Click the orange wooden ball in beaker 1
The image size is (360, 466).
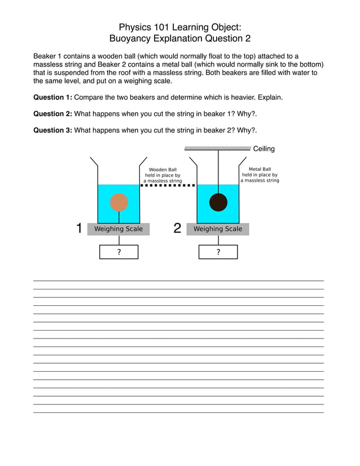(119, 202)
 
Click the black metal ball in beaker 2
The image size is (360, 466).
(218, 202)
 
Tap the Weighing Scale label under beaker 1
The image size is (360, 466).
(118, 229)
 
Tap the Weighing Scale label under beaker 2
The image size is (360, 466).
(218, 229)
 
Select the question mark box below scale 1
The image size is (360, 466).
(119, 252)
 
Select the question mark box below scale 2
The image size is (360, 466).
(218, 252)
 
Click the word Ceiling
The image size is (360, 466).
(264, 149)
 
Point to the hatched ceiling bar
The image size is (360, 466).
(217, 148)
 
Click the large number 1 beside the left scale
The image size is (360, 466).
(79, 228)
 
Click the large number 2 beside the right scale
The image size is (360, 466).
(177, 228)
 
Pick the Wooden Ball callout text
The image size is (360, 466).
(163, 175)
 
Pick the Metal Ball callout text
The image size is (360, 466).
(260, 175)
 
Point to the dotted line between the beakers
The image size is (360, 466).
(168, 185)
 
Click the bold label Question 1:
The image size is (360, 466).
(52, 98)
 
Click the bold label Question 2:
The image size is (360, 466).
(52, 114)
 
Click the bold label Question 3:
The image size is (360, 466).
(52, 130)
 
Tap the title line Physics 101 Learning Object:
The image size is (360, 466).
(180, 27)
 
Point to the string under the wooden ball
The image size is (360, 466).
(119, 217)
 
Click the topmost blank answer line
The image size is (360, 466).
(178, 280)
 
